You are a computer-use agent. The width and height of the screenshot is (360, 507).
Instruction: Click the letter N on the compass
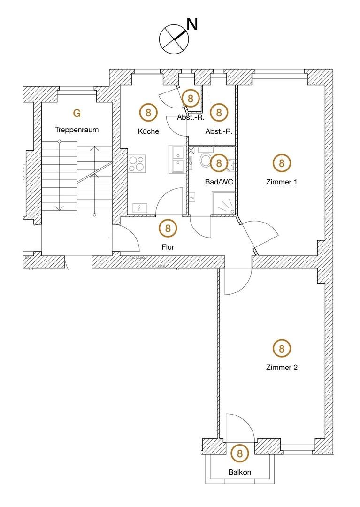192,24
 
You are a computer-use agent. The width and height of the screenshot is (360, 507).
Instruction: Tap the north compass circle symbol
174,38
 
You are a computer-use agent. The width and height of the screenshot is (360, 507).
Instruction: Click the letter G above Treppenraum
77,113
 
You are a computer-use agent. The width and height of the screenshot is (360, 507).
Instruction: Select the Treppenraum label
77,130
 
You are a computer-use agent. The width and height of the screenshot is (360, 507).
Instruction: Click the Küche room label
148,131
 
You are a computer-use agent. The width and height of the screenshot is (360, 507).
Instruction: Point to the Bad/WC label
219,181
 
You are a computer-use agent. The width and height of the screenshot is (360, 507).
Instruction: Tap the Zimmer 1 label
282,182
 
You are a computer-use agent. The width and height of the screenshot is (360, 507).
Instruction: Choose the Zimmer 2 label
282,368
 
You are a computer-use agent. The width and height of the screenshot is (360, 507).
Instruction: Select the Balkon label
240,472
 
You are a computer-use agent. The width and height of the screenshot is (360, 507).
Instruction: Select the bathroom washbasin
230,164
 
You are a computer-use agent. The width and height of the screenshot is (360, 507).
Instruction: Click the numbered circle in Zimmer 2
282,348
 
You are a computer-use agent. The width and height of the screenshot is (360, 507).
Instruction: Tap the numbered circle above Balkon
240,453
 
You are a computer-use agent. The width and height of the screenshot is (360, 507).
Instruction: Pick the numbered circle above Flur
168,229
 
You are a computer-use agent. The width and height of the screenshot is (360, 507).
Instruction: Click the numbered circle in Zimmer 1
282,163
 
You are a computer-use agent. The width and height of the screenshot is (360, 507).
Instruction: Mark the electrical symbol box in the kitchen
139,207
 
